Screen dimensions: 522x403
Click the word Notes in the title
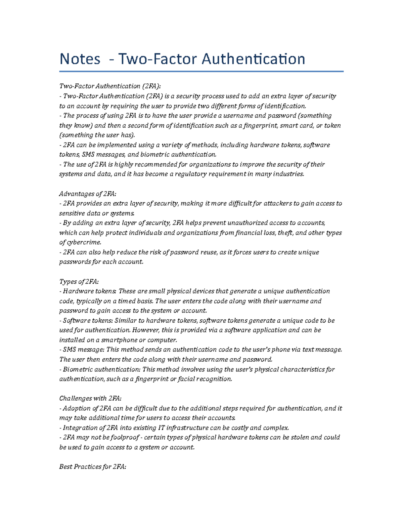click(80, 59)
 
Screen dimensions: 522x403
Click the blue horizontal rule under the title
click(201, 71)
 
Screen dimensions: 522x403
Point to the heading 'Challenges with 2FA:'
click(90, 399)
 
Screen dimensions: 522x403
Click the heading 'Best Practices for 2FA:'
click(92, 467)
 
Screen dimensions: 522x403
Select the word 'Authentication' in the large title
click(253, 59)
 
